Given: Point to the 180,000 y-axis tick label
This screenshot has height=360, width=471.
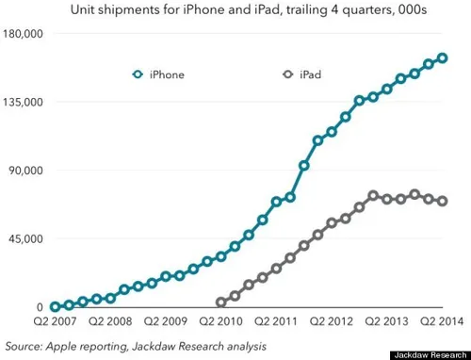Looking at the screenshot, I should pyautogui.click(x=25, y=34).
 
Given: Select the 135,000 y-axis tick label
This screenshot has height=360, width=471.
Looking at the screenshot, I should pyautogui.click(x=25, y=102).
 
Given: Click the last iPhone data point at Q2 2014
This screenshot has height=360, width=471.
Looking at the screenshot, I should pyautogui.click(x=443, y=58).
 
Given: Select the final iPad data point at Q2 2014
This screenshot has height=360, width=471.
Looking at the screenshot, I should pyautogui.click(x=443, y=201).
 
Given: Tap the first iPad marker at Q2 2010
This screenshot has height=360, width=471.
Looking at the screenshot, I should pyautogui.click(x=221, y=303).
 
